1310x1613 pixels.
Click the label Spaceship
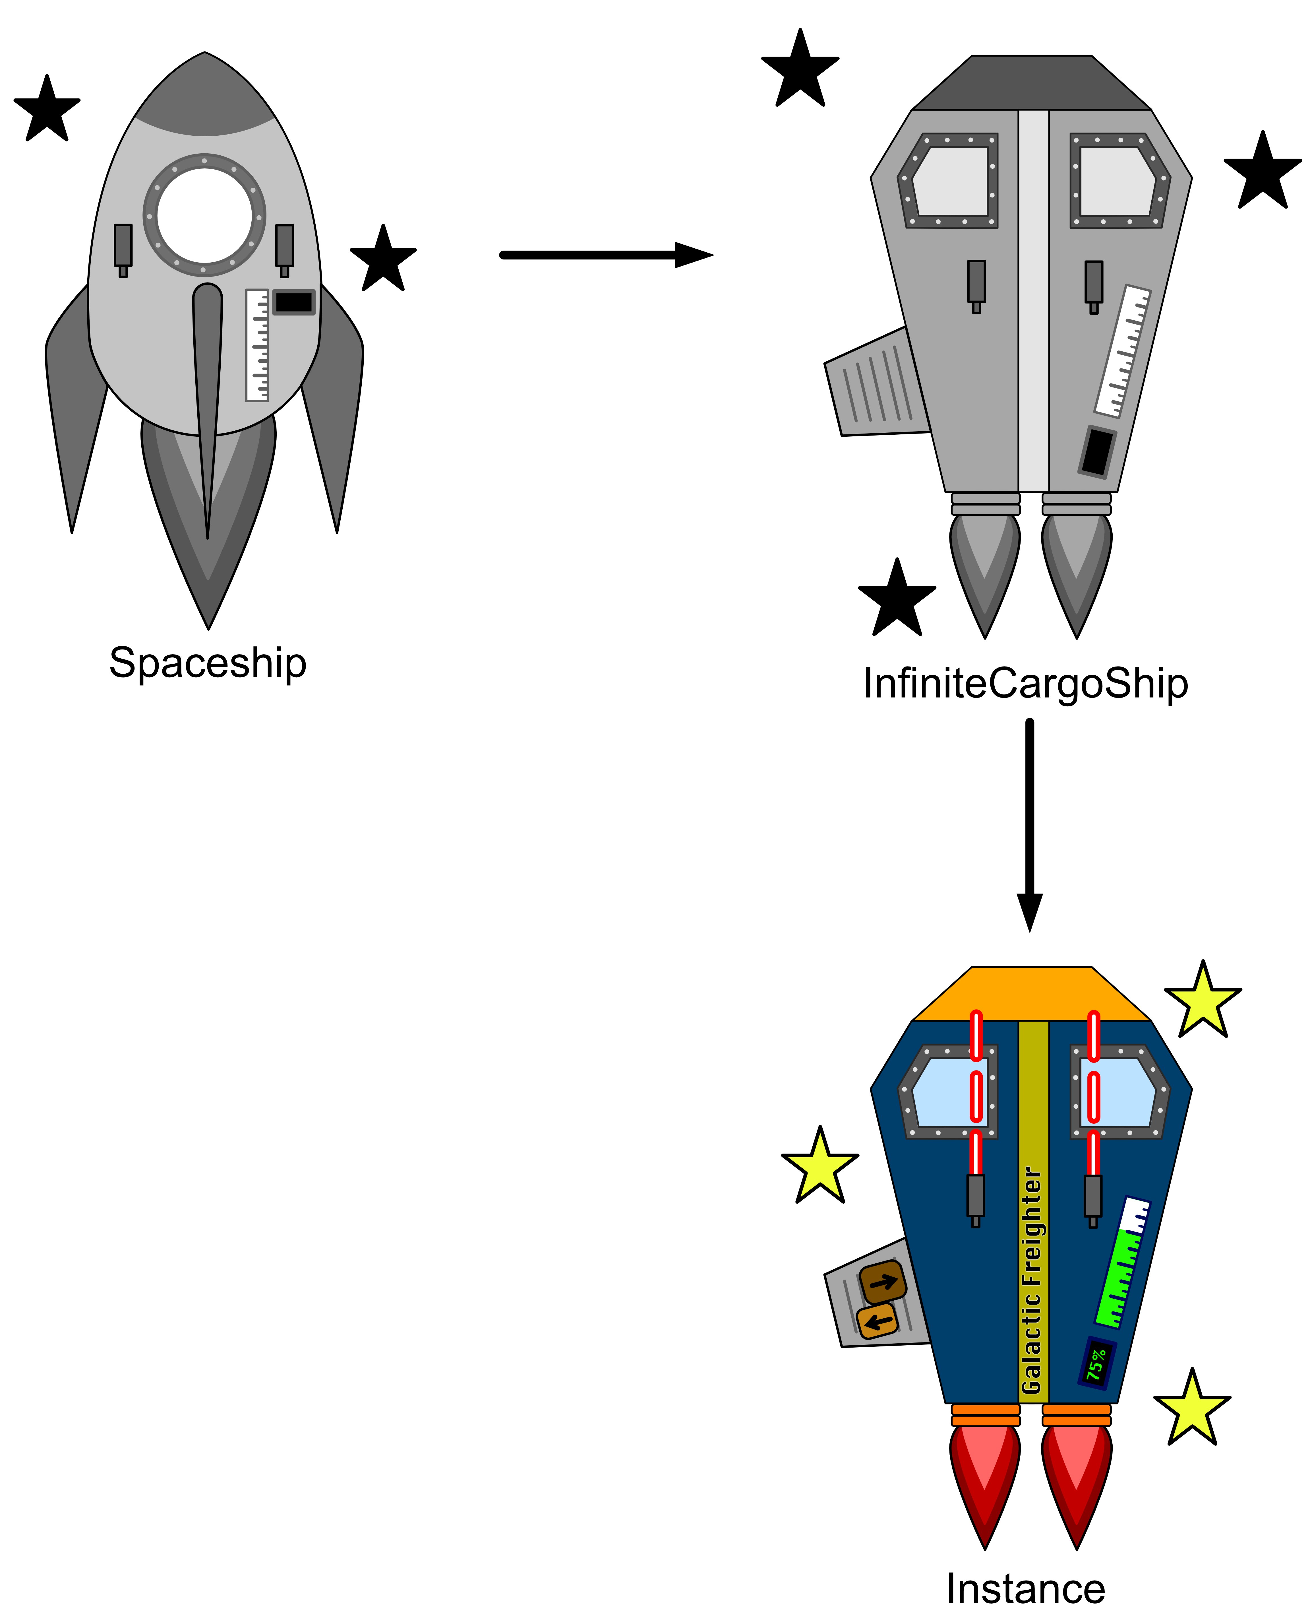(208, 663)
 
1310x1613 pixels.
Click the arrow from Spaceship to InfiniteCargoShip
(604, 255)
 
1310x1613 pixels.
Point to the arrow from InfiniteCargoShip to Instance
(1029, 823)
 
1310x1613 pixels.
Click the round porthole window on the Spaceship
(204, 215)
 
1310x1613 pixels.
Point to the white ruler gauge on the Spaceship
(256, 345)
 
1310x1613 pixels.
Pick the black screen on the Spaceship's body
(293, 302)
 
